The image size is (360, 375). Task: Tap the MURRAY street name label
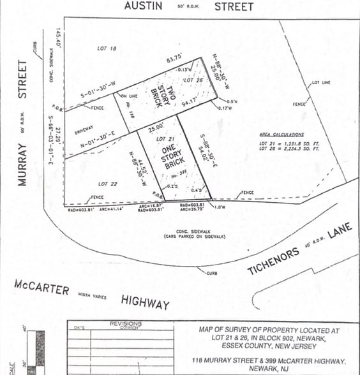point(23,122)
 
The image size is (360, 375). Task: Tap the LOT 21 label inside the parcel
point(165,138)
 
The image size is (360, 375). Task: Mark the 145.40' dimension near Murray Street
point(58,38)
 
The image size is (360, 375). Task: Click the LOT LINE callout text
point(320,83)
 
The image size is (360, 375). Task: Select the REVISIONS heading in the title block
point(126,324)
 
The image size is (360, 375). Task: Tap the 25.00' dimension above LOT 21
point(154,128)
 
